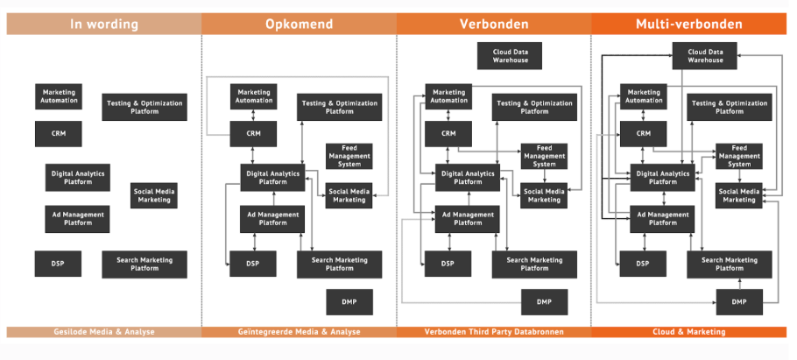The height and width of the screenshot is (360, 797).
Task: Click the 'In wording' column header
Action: pyautogui.click(x=103, y=24)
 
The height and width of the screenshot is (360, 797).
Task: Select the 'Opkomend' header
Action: pyautogui.click(x=299, y=24)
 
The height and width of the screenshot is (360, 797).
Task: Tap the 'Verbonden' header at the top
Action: pyautogui.click(x=494, y=24)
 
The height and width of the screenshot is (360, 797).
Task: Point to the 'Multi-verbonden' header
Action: pyautogui.click(x=688, y=24)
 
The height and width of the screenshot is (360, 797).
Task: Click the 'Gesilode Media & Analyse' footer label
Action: pyautogui.click(x=104, y=332)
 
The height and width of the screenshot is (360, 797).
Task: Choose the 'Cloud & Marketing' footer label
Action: pyautogui.click(x=688, y=332)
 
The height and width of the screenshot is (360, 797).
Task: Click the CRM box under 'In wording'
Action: pyautogui.click(x=59, y=134)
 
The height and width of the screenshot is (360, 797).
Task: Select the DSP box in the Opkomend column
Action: pyautogui.click(x=252, y=264)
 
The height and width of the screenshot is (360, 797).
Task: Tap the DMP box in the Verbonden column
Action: pyautogui.click(x=545, y=302)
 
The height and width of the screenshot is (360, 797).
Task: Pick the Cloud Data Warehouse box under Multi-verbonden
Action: pyautogui.click(x=705, y=56)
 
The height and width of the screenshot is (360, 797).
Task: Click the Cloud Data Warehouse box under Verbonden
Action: pyautogui.click(x=510, y=56)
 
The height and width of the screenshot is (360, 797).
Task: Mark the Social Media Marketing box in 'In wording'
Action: pyautogui.click(x=154, y=195)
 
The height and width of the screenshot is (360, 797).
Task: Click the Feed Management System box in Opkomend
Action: pyautogui.click(x=349, y=156)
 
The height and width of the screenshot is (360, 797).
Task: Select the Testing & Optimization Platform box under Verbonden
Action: pyautogui.click(x=534, y=107)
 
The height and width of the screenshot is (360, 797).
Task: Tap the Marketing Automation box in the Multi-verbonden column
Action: pyautogui.click(x=643, y=96)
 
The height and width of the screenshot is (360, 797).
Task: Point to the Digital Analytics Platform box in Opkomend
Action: pyautogui.click(x=273, y=178)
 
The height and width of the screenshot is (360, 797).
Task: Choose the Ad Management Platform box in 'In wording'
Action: pyautogui.click(x=77, y=219)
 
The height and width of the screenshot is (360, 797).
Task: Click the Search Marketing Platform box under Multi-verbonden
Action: pyautogui.click(x=730, y=265)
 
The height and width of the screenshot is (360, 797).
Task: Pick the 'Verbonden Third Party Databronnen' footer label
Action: pyautogui.click(x=494, y=332)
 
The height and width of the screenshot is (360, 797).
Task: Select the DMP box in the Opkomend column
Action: pyautogui.click(x=349, y=302)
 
